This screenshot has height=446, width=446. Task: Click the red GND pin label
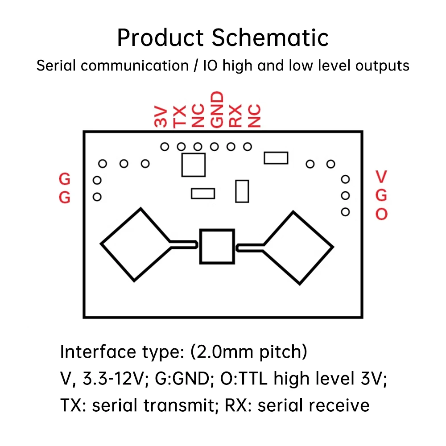pos(216,110)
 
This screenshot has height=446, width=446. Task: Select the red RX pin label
pos(235,116)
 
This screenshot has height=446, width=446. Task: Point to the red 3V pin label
pos(161,117)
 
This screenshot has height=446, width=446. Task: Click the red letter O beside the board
pos(381,215)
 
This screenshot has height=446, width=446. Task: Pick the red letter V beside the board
pos(381,177)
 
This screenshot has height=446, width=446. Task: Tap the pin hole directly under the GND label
pos(215,146)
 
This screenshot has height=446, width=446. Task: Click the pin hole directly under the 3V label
pos(165,146)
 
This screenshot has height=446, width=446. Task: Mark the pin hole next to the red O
pos(345,212)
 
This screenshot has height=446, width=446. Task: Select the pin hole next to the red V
pos(345,179)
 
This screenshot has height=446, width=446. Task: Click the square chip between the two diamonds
pos(217,246)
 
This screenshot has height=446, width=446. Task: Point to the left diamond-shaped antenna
pos(135,244)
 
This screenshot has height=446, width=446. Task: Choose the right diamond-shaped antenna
pos(298,247)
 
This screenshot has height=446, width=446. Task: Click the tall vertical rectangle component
pos(242,191)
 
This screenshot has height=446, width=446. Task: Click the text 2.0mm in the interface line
pos(222,352)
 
